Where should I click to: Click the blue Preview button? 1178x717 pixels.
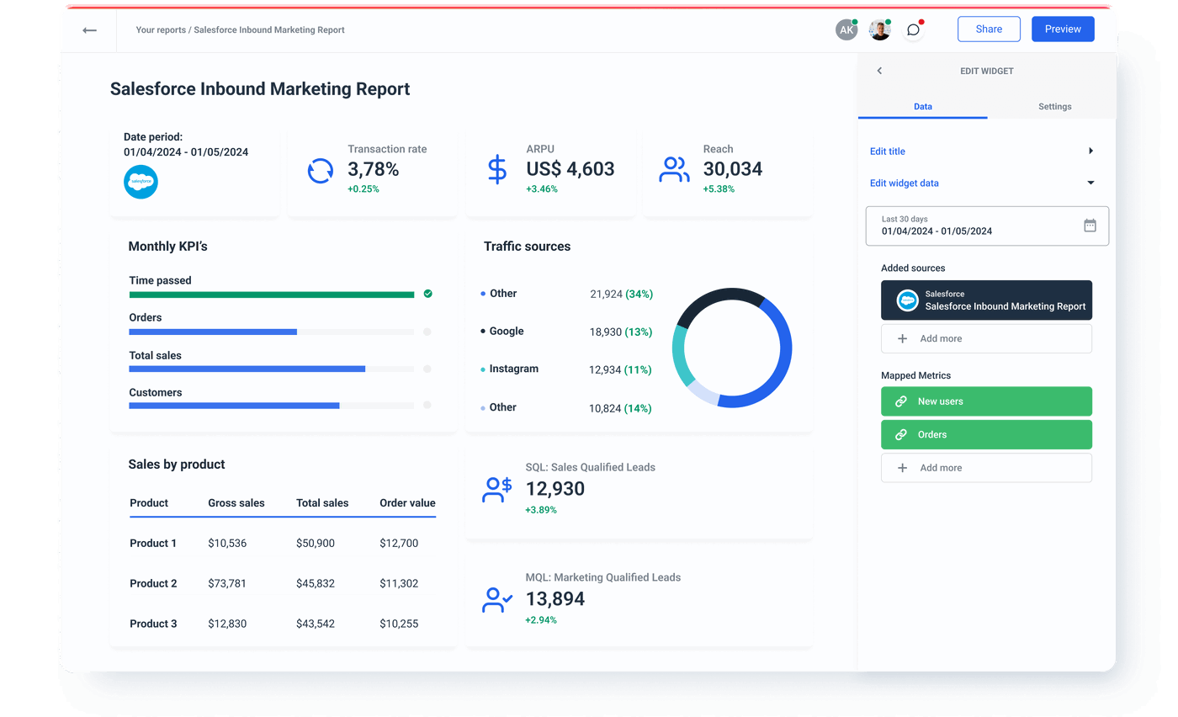[1063, 29]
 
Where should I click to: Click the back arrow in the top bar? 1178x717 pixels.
[89, 30]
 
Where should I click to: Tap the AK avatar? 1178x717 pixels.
[846, 30]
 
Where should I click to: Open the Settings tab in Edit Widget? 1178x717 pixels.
[1054, 107]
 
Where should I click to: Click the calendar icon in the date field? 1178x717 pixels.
[1090, 226]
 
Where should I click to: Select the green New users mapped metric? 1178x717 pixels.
[986, 401]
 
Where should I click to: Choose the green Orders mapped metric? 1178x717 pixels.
[986, 435]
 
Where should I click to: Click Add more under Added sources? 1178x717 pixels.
[986, 339]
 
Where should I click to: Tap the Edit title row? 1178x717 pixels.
[981, 151]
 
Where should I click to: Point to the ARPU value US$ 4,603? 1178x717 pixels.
[570, 169]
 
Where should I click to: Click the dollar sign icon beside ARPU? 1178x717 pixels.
[497, 169]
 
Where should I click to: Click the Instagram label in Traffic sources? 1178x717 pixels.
[513, 369]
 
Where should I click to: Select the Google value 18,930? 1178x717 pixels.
[606, 332]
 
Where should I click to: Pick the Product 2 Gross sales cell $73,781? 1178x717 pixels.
[227, 584]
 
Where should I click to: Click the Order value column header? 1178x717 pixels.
[407, 503]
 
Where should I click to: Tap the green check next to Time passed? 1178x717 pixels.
[427, 294]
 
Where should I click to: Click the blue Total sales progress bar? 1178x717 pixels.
[247, 369]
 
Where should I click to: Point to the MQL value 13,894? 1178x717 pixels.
[555, 599]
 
